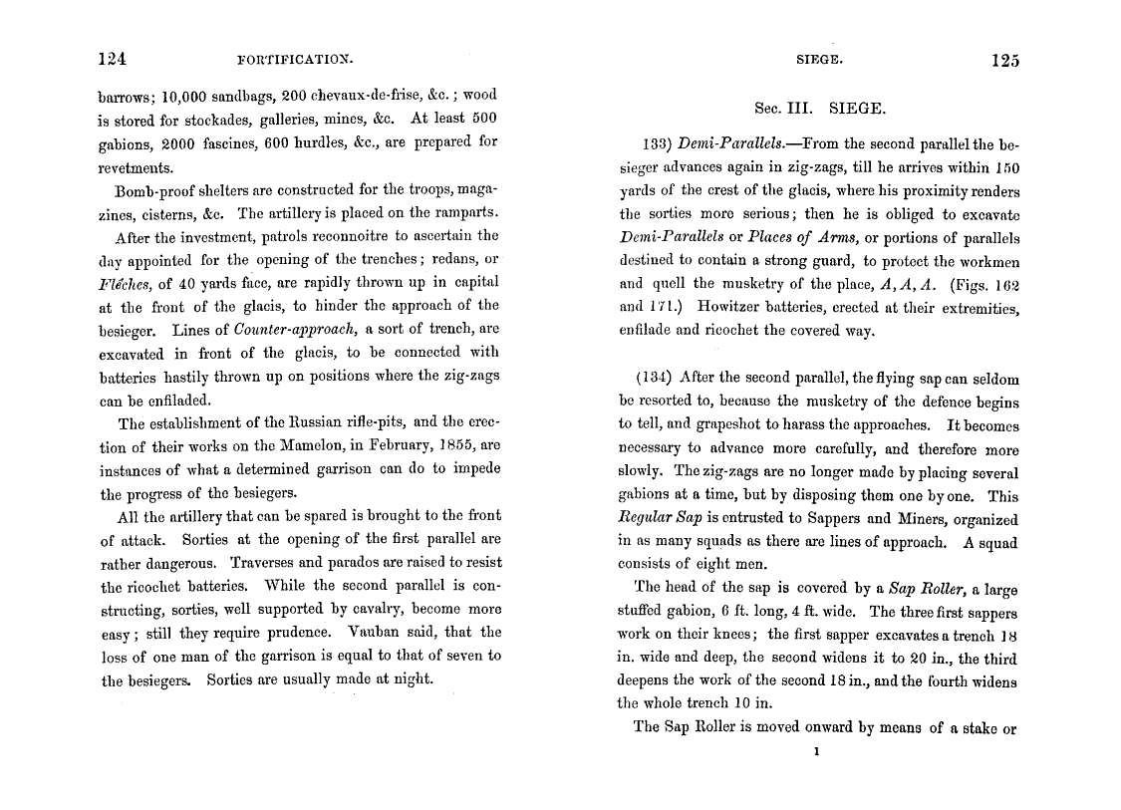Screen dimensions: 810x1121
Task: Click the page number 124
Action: (x=112, y=59)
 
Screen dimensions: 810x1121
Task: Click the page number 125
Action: (x=1005, y=61)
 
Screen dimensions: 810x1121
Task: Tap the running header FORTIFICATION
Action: (x=296, y=60)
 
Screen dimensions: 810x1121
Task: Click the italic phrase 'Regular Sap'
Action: (x=660, y=519)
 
